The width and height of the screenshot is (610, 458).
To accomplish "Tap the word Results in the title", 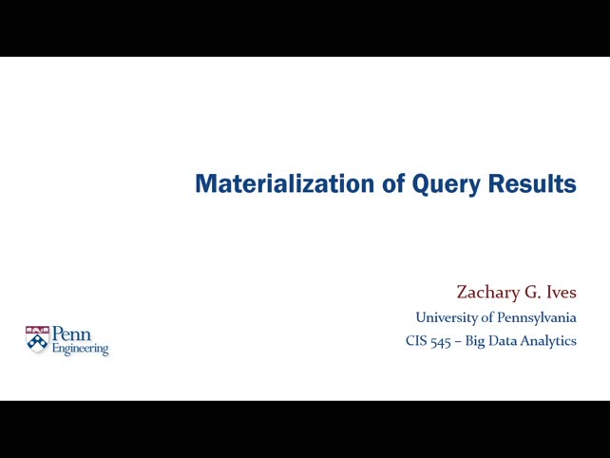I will [x=532, y=183].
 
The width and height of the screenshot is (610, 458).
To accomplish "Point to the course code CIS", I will [x=416, y=340].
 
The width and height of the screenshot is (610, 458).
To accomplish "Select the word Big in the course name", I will [x=475, y=340].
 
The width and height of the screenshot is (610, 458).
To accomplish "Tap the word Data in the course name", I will [x=505, y=340].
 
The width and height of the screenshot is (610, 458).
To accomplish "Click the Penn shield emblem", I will [x=37, y=340].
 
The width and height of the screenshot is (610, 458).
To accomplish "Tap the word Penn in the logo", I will [x=71, y=334].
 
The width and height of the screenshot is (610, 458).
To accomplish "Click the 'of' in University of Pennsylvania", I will [x=486, y=317].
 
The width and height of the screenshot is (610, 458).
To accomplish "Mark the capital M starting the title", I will [x=203, y=183].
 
